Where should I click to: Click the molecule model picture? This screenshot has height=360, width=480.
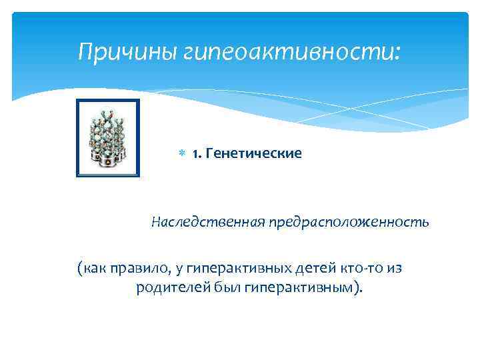[x=108, y=138]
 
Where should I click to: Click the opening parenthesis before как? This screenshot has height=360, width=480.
[x=79, y=269]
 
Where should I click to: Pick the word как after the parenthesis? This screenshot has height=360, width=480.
[x=93, y=269]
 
